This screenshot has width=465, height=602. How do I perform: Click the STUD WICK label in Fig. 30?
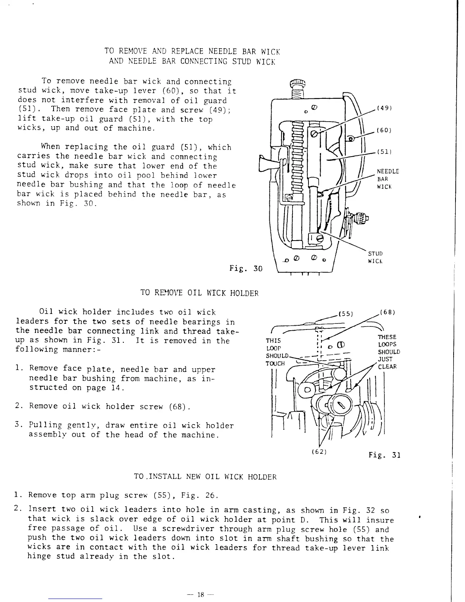point(375,257)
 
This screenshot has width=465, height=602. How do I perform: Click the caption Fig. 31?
point(384,455)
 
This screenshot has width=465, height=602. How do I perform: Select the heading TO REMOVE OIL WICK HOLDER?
point(199,293)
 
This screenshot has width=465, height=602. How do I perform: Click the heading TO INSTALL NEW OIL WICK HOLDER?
point(205,477)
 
